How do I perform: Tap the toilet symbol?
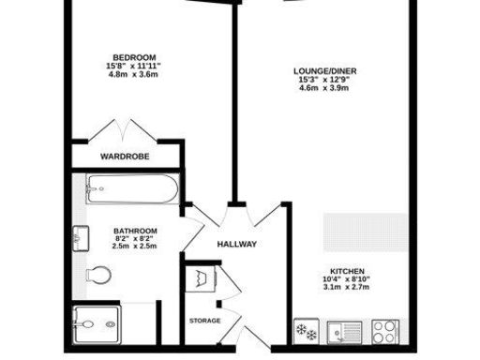98,275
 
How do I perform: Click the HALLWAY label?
236,245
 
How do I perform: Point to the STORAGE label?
205,321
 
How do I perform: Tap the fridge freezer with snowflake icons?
306,329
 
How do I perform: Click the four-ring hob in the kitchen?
385,329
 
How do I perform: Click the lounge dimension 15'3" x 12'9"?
318,81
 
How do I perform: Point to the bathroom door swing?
194,225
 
